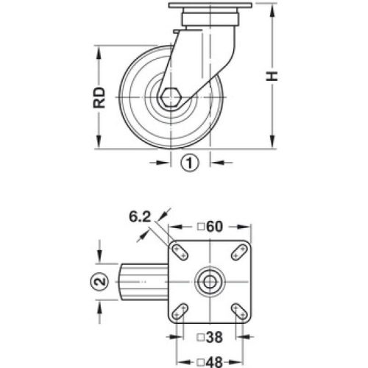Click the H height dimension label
(x=272, y=77)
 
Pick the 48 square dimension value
(x=213, y=360)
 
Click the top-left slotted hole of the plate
(x=179, y=252)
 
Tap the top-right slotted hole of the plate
(x=239, y=252)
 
